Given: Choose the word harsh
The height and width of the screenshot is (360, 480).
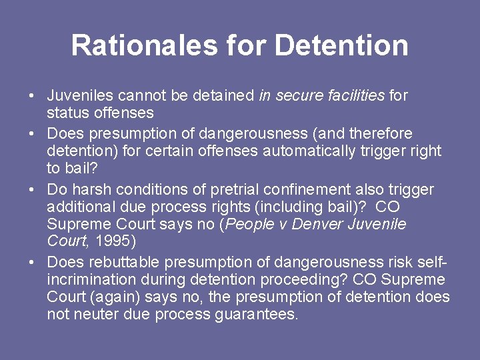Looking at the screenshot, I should pos(89,190).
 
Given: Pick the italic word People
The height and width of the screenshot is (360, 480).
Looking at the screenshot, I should pos(251,225).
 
